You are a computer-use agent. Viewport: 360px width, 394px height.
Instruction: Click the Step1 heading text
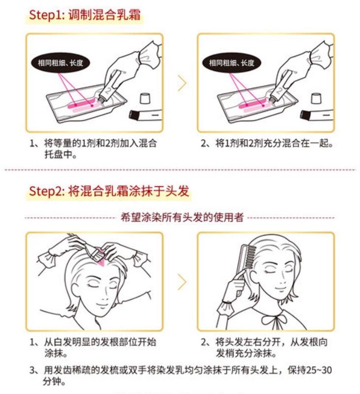tap(85, 15)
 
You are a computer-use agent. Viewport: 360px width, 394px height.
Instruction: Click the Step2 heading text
tap(108, 191)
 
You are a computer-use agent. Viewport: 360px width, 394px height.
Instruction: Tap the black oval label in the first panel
tap(60, 63)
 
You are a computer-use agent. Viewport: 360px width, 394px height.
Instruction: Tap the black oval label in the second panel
tap(231, 63)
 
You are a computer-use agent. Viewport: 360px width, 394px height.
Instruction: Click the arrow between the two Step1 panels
tap(182, 83)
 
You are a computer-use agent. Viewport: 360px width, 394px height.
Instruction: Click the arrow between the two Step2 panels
tap(182, 282)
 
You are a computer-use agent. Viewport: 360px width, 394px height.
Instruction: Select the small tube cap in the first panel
tap(145, 98)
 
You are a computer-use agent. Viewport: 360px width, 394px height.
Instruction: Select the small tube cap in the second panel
tap(316, 98)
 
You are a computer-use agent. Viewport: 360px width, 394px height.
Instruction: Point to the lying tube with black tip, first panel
tap(145, 115)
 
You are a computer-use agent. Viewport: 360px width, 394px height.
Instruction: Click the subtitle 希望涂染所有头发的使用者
tap(182, 217)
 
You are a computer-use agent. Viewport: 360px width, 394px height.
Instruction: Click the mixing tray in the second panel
tap(257, 104)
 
